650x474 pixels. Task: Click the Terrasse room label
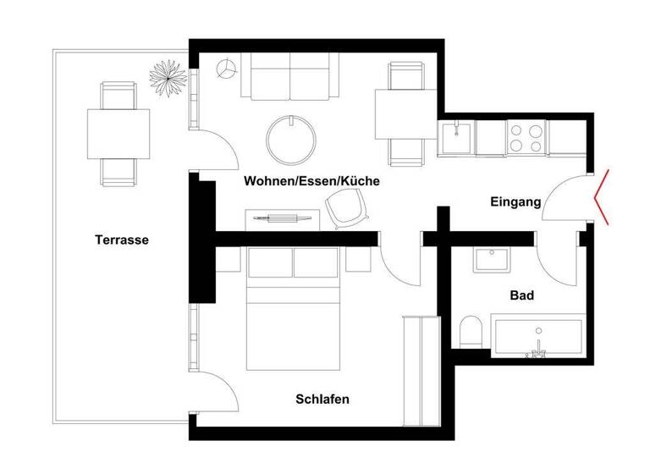click(x=122, y=240)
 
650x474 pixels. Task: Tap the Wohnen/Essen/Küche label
click(x=311, y=181)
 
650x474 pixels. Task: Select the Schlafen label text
click(x=322, y=400)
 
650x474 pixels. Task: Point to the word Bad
click(x=521, y=296)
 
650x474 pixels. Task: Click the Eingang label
click(x=515, y=202)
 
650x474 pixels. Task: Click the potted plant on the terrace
click(x=168, y=78)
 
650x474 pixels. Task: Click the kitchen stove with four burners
click(x=526, y=137)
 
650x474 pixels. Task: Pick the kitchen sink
click(x=457, y=136)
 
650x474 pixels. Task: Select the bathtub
click(x=538, y=336)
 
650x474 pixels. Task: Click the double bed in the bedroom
click(x=294, y=309)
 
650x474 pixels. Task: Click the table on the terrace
click(x=118, y=134)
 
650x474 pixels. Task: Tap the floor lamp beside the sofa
click(x=226, y=70)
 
